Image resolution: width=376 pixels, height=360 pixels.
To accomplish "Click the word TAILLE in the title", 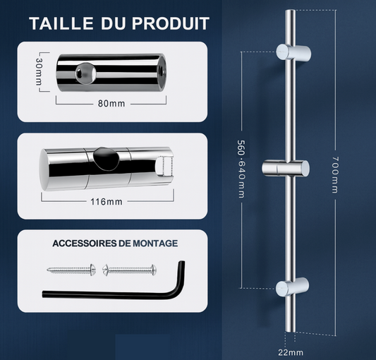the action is tap(61, 23).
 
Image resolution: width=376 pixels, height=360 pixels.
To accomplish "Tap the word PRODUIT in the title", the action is tap(171, 23).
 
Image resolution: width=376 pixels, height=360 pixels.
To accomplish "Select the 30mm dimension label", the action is tap(39, 71).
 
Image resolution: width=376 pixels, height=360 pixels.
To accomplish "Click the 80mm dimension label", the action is tap(111, 104).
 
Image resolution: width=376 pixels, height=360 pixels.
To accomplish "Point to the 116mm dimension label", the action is tap(107, 202).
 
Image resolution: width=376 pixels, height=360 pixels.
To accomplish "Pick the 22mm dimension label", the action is tap(291, 352).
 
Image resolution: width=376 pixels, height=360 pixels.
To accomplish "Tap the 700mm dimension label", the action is tap(335, 175).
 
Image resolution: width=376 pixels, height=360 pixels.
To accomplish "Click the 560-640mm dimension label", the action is tap(241, 169).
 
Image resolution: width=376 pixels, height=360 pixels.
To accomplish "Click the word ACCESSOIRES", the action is tap(85, 244).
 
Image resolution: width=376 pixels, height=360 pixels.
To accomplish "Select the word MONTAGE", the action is tap(155, 244).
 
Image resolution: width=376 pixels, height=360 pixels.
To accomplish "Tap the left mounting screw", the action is tap(71, 270).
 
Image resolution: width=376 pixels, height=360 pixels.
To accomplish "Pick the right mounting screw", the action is tap(130, 270).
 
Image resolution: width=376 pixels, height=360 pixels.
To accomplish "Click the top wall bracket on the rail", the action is tap(293, 52).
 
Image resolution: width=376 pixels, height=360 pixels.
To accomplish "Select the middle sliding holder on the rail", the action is tap(286, 168).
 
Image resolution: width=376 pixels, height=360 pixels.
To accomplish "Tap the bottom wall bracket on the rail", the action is tap(292, 287).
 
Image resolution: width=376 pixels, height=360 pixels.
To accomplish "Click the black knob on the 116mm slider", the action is tap(107, 159).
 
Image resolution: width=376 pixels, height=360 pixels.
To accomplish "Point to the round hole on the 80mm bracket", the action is tap(85, 73).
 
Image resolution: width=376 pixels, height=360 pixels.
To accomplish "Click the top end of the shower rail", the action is tap(290, 11).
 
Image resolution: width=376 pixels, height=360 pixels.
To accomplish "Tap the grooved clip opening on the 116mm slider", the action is tap(164, 167).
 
